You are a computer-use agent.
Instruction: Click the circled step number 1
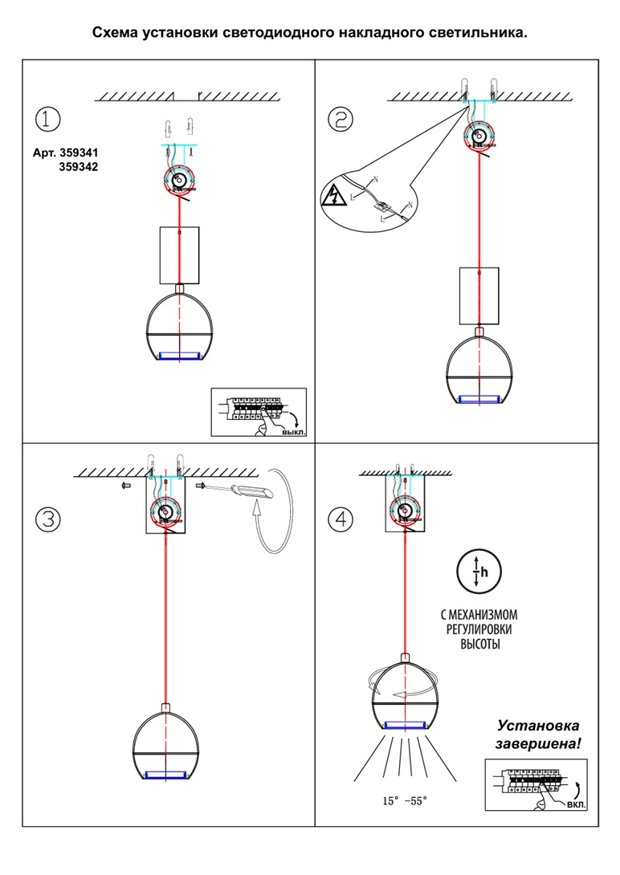click(48, 120)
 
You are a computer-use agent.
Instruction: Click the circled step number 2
click(341, 120)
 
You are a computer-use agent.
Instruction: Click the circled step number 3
click(48, 519)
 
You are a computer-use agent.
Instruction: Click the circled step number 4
click(341, 519)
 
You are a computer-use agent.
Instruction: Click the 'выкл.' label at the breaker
click(293, 433)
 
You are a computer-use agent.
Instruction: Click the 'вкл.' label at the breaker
click(576, 804)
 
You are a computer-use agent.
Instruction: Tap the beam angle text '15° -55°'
click(406, 801)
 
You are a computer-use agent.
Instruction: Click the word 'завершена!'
click(537, 744)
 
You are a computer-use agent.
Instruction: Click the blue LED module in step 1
click(180, 355)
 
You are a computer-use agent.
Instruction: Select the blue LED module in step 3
click(167, 775)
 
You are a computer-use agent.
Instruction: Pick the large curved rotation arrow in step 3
click(277, 514)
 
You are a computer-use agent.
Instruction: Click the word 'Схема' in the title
click(115, 34)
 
